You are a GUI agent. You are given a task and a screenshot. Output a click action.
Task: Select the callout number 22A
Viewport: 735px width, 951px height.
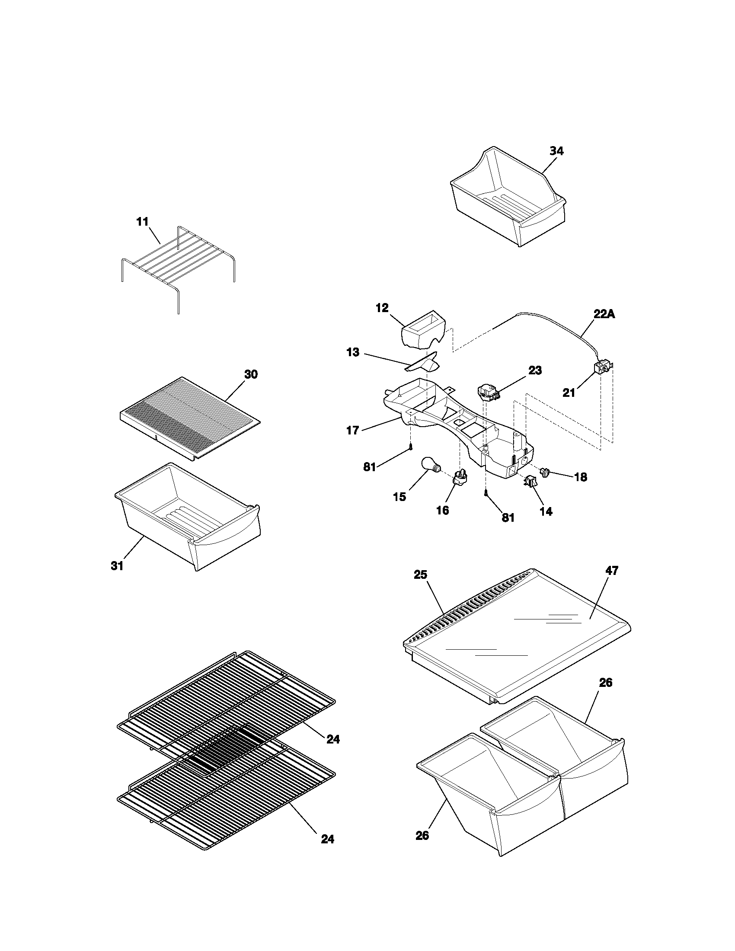pos(604,314)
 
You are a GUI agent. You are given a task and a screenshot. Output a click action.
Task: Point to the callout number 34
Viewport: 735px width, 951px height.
pos(556,151)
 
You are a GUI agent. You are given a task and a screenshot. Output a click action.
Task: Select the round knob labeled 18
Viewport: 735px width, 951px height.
pos(546,472)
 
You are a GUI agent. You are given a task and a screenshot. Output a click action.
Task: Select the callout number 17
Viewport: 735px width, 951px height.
pos(352,431)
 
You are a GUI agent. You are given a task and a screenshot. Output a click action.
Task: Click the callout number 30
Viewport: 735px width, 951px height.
pos(251,374)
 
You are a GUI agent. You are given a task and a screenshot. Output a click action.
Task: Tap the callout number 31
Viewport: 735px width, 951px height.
pos(117,566)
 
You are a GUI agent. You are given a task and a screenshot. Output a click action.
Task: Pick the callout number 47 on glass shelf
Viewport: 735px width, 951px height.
pos(611,571)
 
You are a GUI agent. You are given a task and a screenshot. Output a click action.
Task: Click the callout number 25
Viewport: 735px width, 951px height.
pos(420,575)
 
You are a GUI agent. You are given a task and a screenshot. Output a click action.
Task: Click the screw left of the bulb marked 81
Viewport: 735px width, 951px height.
pos(411,447)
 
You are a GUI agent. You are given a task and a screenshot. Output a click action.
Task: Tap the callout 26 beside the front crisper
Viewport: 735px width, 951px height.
pos(422,835)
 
